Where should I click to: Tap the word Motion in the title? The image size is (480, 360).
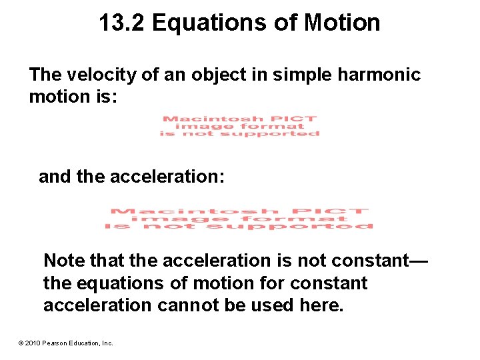click(x=342, y=23)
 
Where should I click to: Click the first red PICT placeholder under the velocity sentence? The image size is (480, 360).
click(x=239, y=126)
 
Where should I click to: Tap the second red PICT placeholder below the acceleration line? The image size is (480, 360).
click(x=239, y=219)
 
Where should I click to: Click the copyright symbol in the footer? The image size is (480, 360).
click(x=21, y=343)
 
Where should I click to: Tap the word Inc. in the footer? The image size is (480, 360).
click(x=107, y=343)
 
